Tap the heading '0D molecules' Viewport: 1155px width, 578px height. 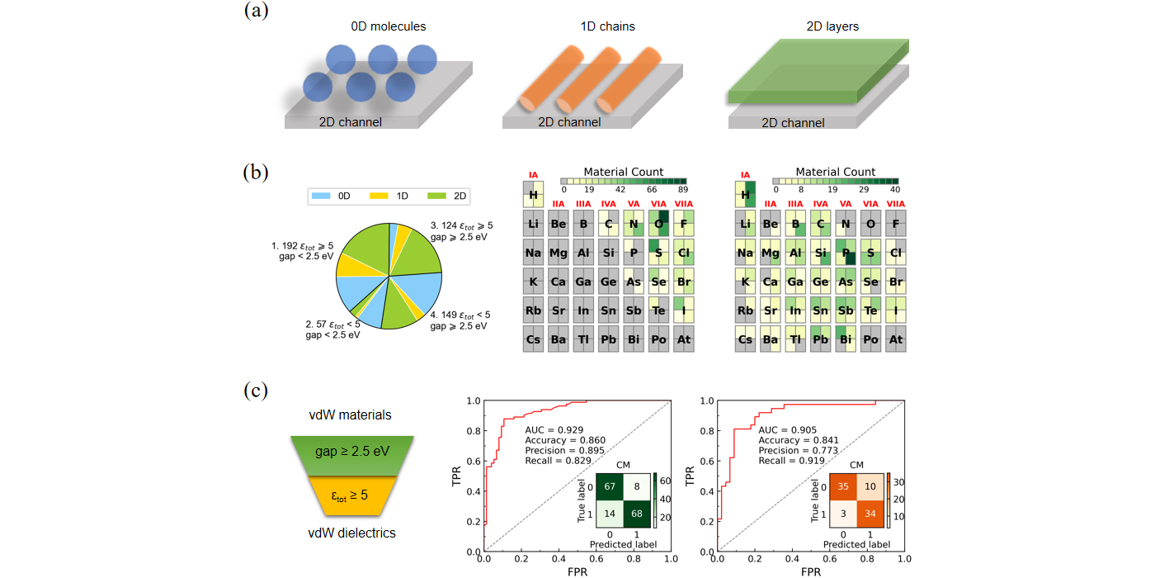pyautogui.click(x=388, y=26)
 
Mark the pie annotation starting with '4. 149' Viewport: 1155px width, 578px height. pyautogui.click(x=459, y=320)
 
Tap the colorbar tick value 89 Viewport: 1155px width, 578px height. pyautogui.click(x=681, y=189)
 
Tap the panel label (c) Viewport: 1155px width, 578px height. pyautogui.click(x=256, y=387)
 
